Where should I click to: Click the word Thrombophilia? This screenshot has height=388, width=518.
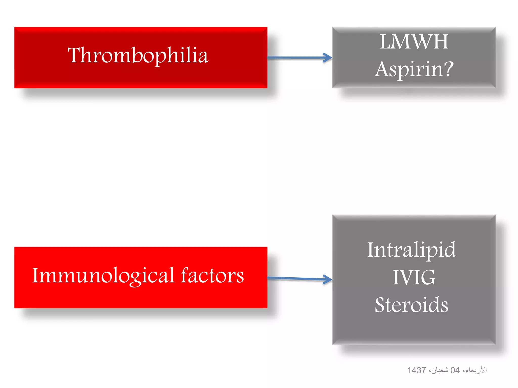coord(138,56)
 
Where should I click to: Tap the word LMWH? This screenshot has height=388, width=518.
coord(414,42)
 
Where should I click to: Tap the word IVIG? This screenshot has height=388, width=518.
coord(414,277)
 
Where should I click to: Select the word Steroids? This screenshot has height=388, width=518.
coord(412,305)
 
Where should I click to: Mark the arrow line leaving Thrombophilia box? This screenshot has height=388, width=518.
coord(296,58)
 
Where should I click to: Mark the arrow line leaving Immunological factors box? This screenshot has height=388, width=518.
coord(296,278)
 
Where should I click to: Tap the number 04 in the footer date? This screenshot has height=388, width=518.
coord(455,370)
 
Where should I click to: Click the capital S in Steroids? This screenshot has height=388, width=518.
coord(381,305)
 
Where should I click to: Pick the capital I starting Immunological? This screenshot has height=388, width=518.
coord(36,275)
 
